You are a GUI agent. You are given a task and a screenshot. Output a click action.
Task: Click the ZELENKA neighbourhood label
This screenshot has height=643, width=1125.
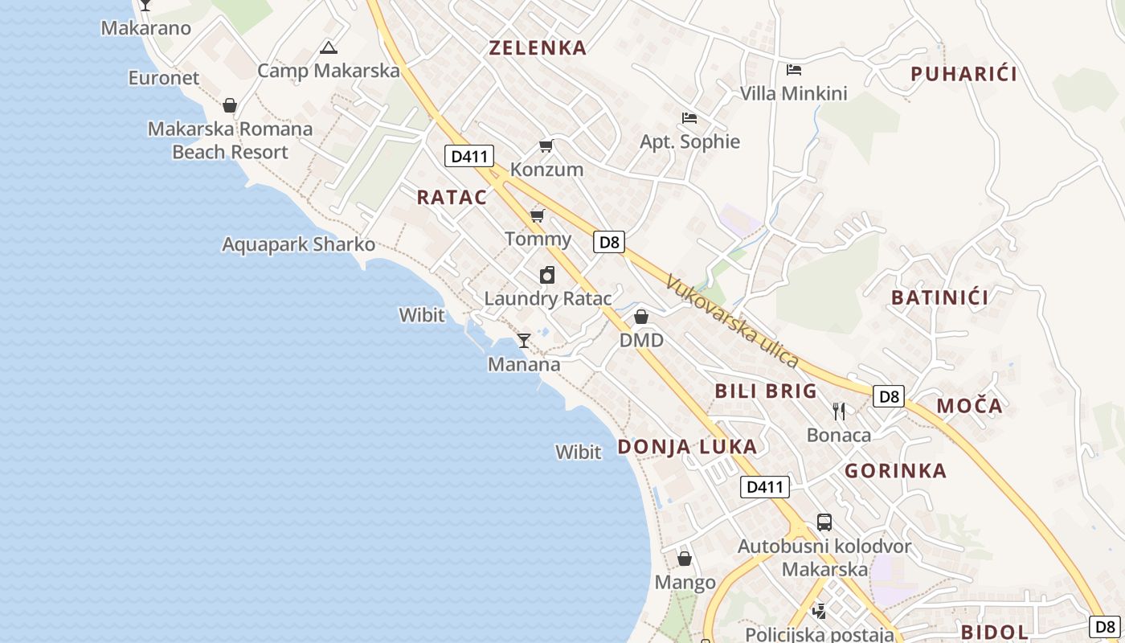point(538,48)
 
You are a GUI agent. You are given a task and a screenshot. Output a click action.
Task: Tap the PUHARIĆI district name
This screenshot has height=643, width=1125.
point(963,74)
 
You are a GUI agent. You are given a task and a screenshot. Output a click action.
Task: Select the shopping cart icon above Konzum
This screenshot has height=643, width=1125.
point(546,146)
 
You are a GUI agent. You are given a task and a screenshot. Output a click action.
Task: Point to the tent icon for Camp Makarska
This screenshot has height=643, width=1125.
point(328,48)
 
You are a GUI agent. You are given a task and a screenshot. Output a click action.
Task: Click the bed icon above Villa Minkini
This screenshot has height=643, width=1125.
point(794,70)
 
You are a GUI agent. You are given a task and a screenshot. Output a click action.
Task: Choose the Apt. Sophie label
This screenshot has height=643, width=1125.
point(689,142)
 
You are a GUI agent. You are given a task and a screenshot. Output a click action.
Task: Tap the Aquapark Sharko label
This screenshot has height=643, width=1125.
point(298,244)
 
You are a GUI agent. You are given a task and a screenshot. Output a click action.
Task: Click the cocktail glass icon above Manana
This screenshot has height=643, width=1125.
point(523,341)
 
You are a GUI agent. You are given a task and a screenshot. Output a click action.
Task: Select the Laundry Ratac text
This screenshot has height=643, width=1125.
point(547,299)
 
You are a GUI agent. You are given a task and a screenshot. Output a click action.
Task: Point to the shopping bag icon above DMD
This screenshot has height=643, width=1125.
point(641,317)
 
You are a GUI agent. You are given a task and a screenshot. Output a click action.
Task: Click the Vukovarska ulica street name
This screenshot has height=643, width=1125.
point(732,321)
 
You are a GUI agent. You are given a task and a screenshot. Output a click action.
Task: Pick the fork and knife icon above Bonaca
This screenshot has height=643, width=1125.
point(839,412)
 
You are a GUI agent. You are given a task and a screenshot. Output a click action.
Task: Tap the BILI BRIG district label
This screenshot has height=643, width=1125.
point(765,391)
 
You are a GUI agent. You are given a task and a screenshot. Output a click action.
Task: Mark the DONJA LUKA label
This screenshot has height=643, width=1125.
point(687,447)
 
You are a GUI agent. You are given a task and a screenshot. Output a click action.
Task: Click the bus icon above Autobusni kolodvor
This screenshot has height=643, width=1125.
point(824,522)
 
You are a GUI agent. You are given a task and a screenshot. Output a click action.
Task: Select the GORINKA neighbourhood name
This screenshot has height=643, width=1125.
point(895,471)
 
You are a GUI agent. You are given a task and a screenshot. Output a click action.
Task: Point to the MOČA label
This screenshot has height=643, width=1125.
point(969,406)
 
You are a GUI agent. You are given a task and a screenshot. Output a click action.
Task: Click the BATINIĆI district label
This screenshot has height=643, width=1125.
point(939,297)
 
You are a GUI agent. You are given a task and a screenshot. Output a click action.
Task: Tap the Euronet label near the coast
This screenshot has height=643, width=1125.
point(164,78)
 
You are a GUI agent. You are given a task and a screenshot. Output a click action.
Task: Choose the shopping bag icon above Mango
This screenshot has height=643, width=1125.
point(685,558)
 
